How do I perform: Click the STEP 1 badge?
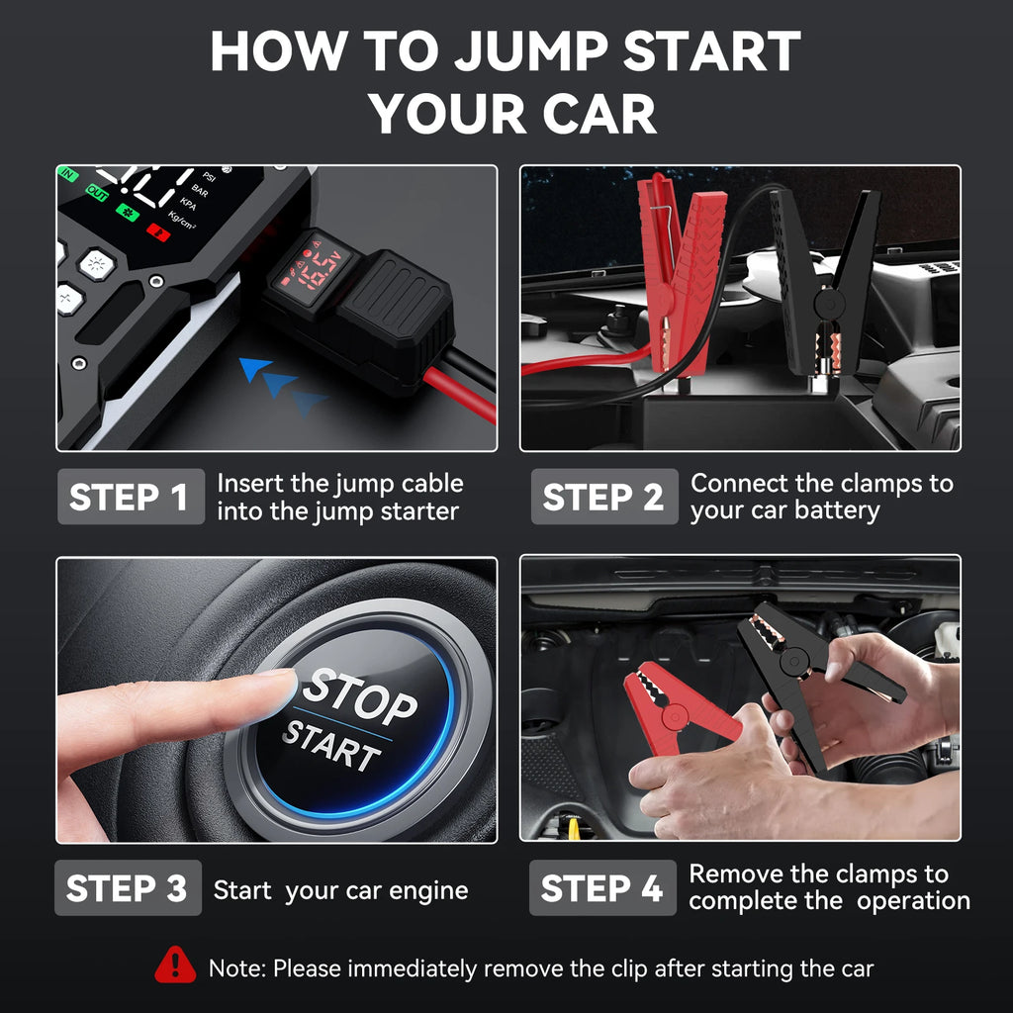[x=130, y=497]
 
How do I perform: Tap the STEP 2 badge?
[x=603, y=497]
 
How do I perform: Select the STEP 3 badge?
[x=128, y=887]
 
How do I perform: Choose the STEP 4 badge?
[x=602, y=887]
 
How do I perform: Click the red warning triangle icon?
[x=175, y=966]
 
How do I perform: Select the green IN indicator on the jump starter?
[x=68, y=174]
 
